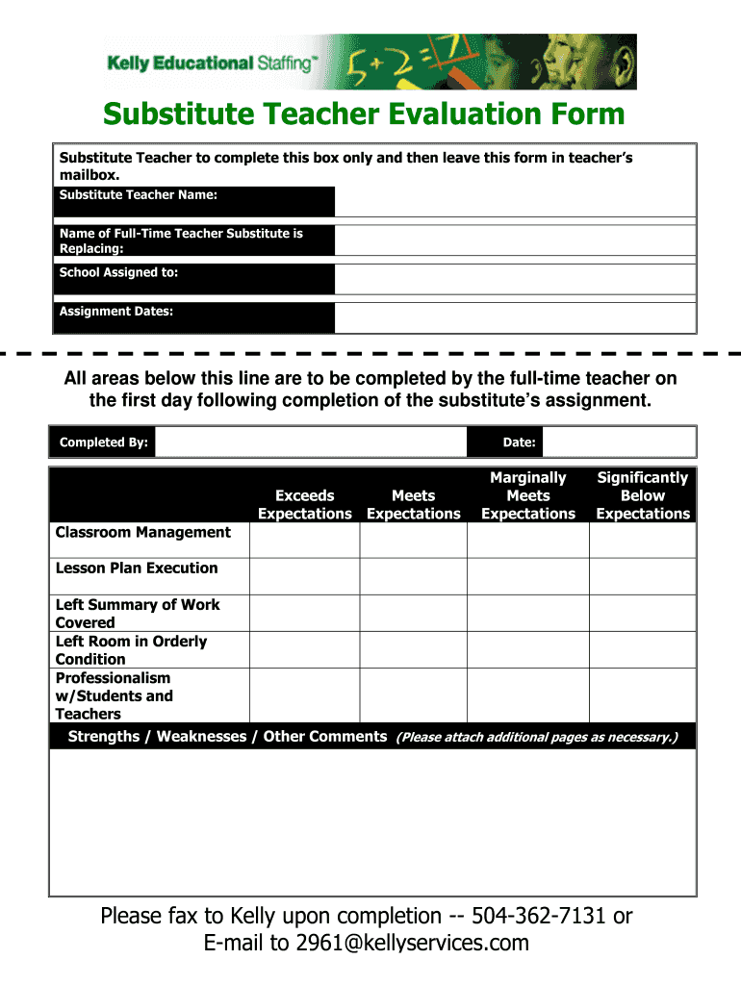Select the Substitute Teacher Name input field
[x=515, y=201]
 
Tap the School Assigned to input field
[x=515, y=279]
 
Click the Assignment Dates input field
[x=515, y=317]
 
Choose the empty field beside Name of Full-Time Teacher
[x=515, y=240]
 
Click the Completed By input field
[x=311, y=442]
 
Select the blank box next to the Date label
[x=619, y=442]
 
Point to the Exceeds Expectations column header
[x=304, y=504]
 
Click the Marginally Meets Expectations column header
[x=527, y=495]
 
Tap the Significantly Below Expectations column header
[x=642, y=495]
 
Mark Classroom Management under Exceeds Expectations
[x=304, y=541]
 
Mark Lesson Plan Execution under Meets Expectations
[x=413, y=576]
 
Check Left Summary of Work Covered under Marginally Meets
[x=527, y=613]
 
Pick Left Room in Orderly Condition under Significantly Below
[x=642, y=649]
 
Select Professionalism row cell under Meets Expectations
[x=413, y=695]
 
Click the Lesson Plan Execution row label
[x=137, y=568]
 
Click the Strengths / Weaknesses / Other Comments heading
[x=227, y=737]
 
